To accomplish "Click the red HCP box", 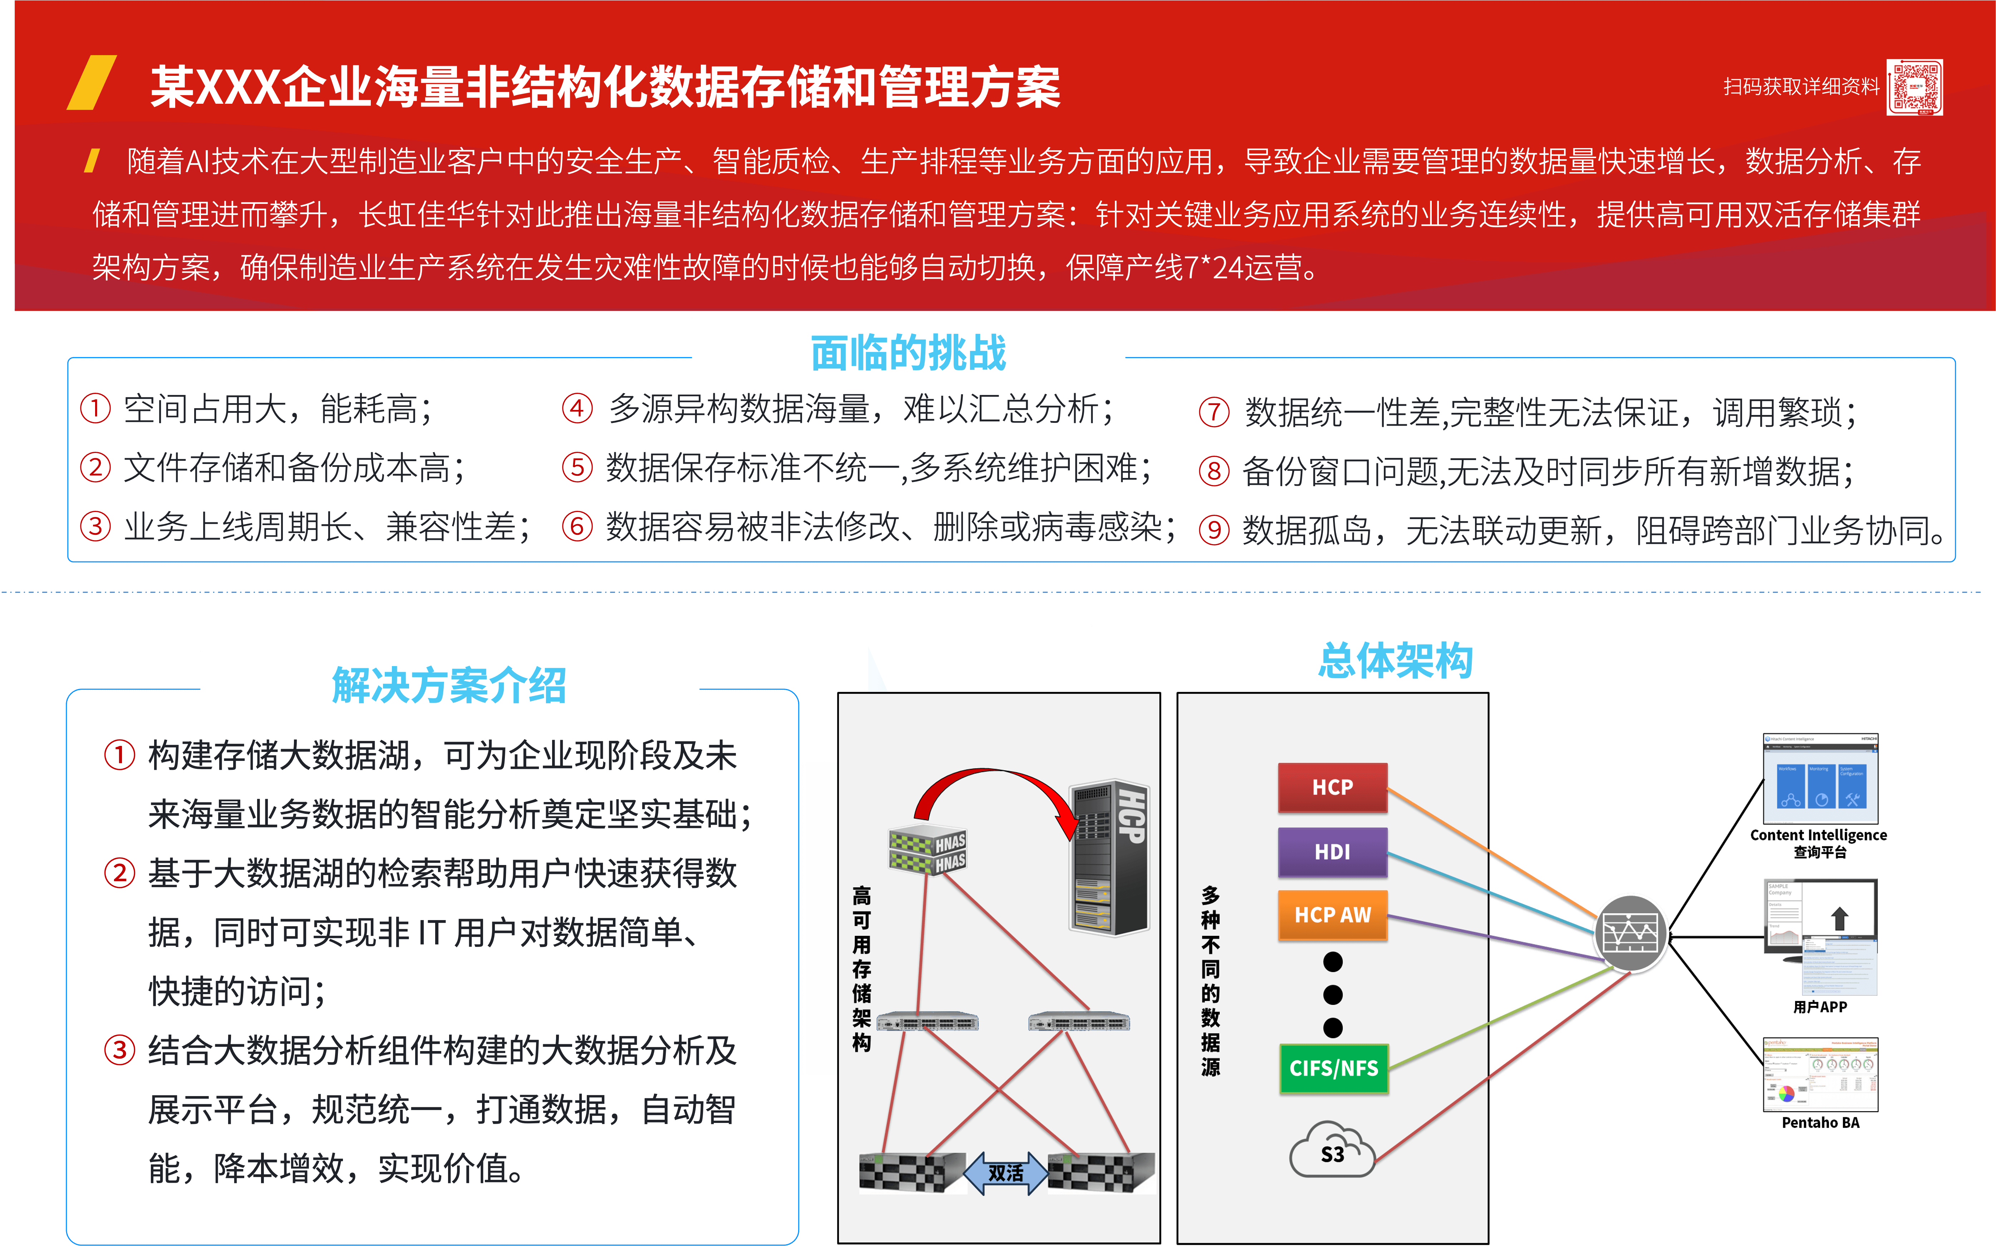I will (1332, 787).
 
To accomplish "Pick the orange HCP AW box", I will (1332, 915).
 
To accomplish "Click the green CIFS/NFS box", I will (1333, 1068).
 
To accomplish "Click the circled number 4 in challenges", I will (577, 408).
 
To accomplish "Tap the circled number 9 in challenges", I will (1213, 530).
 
